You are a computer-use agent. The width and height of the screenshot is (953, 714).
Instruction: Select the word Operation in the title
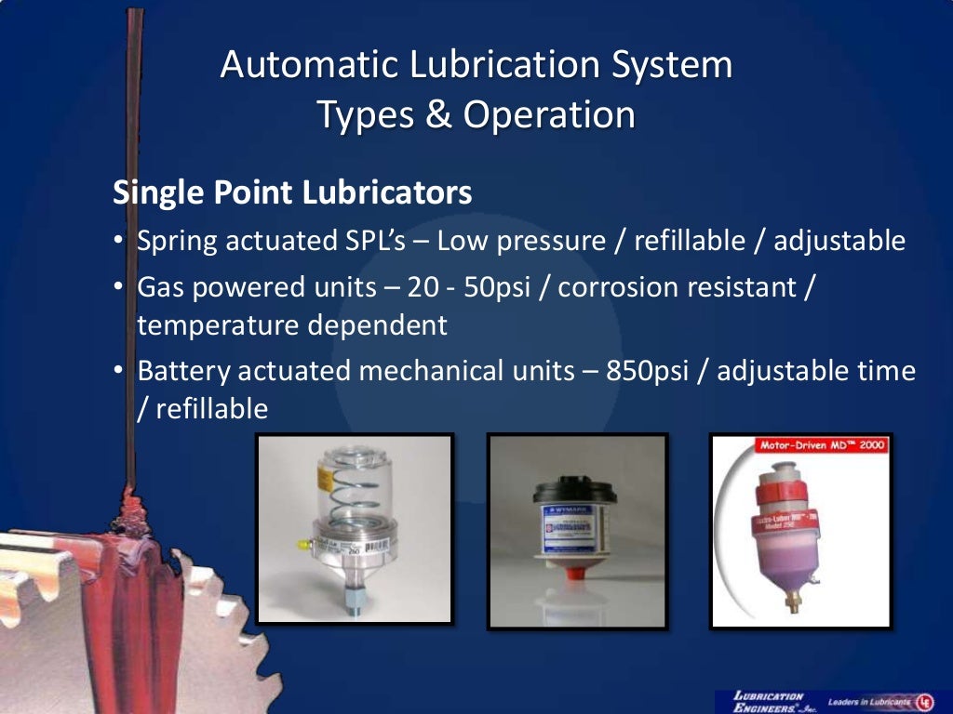coord(549,115)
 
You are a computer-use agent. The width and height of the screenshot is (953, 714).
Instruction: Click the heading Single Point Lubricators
coord(292,192)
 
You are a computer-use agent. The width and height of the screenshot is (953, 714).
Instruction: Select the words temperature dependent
coord(292,325)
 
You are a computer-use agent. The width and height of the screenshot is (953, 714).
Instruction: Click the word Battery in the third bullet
coord(183,371)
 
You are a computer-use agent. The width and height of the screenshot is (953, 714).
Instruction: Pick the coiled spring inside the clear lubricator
coord(355,506)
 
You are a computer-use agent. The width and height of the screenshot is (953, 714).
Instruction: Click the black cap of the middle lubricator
coord(574,490)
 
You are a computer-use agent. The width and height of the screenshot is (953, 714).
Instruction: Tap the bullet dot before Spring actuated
coord(120,242)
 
